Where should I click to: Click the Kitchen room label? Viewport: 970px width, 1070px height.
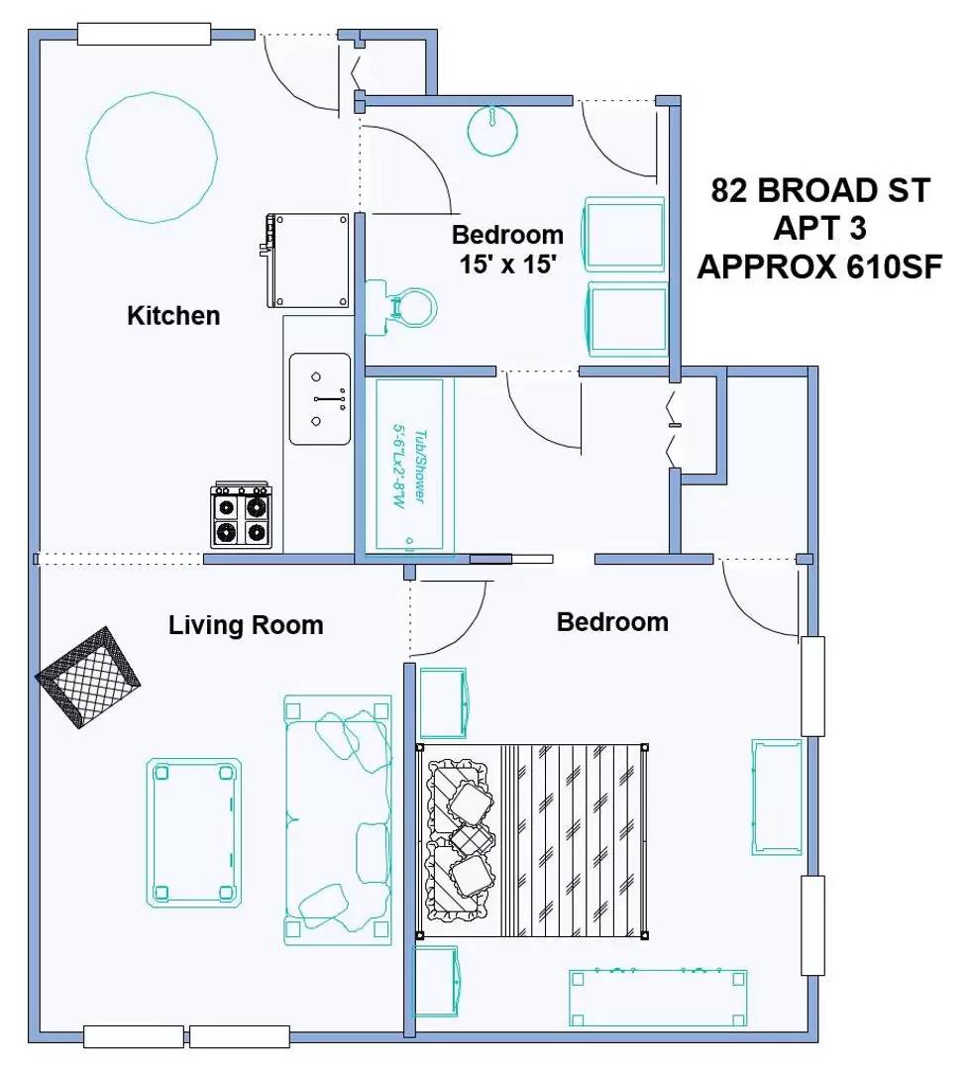pos(173,316)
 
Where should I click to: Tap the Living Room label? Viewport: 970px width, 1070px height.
pos(246,625)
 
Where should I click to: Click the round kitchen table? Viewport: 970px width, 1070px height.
pos(152,158)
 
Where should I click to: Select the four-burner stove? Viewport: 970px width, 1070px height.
pos(241,514)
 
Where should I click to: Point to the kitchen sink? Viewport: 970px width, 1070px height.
pos(319,398)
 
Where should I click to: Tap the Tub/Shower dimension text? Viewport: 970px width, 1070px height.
pos(409,467)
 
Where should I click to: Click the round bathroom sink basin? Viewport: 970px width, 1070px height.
pos(492,131)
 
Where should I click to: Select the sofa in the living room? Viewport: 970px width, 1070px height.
pos(338,819)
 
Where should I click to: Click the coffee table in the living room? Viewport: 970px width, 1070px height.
pos(194,832)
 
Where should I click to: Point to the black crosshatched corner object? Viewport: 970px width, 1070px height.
pos(88,678)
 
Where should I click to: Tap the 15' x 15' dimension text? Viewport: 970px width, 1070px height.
pos(508,265)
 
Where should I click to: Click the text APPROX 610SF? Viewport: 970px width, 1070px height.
pos(819,267)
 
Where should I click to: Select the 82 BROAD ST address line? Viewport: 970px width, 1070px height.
pos(820,190)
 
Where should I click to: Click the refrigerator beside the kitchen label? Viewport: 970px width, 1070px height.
pos(308,260)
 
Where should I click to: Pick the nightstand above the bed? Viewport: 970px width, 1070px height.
pos(443,703)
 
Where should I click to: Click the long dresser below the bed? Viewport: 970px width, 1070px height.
pos(658,998)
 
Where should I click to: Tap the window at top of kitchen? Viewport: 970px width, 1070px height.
pos(144,34)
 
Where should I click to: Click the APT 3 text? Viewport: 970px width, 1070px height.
pos(819,229)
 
